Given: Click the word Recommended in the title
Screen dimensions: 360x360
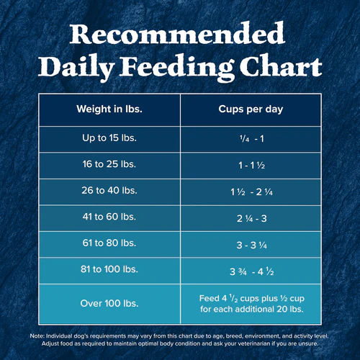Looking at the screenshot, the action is tap(177, 34).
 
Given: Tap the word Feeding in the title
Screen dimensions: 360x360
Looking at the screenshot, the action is tap(178, 68).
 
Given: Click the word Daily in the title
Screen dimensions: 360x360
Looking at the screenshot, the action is tap(76, 68).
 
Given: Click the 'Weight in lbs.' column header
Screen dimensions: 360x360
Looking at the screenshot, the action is tap(109, 109).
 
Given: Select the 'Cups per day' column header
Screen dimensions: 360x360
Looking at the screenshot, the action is tap(251, 109).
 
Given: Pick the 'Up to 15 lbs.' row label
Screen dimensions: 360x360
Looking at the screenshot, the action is tap(109, 138).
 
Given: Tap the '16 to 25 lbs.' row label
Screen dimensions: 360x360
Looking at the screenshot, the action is tap(109, 164).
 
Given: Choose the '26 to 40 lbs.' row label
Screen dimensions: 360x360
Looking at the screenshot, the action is tap(109, 190).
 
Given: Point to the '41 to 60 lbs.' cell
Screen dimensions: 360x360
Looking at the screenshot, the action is tap(109, 217).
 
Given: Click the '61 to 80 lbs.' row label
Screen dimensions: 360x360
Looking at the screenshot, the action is tap(109, 243).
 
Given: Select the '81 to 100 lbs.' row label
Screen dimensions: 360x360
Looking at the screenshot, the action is tap(109, 269).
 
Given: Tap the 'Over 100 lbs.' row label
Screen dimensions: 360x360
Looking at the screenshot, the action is tap(109, 303).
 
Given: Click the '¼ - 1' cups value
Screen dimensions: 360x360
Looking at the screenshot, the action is tap(252, 139).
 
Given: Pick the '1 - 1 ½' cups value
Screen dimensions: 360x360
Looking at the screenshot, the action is tap(252, 166).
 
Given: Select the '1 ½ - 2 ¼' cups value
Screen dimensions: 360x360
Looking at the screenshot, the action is tap(252, 192).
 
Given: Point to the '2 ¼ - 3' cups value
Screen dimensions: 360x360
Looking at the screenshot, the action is tap(252, 218).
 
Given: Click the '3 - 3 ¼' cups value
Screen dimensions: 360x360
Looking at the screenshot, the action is tap(252, 245).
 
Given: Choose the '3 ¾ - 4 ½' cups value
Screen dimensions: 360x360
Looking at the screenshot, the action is tap(252, 271).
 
